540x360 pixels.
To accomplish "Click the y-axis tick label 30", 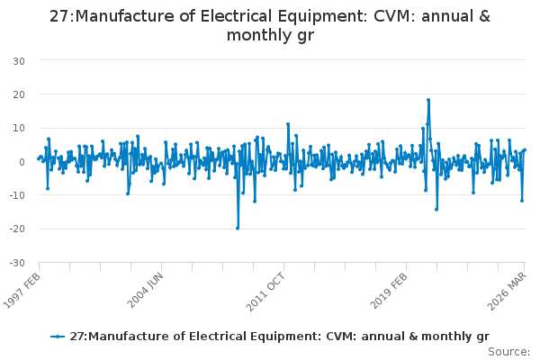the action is click(19, 61).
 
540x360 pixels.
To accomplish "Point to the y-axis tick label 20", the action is click(19, 94).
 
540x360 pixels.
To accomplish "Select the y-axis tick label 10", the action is click(19, 128).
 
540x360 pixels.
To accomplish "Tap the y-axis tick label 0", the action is click(22, 162).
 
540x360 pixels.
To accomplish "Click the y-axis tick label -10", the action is click(17, 195).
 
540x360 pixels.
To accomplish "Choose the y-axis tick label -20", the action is click(17, 229).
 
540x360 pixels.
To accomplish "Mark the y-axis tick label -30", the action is click(17, 263).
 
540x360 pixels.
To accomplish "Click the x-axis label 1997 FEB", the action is click(22, 291).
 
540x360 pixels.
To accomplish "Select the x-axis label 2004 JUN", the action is click(145, 290).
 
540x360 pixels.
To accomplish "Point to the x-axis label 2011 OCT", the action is click(265, 292).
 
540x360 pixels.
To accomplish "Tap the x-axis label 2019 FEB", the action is click(389, 291).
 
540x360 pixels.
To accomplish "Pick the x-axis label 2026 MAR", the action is click(507, 291).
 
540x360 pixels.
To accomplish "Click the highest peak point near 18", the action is click(428, 100).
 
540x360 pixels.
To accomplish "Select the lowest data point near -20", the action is click(238, 229).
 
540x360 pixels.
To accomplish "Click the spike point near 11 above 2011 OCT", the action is click(288, 124).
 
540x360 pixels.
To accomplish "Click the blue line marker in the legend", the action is click(58, 337).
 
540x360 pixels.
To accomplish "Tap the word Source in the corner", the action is click(508, 352).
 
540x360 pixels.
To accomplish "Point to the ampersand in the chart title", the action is click(484, 16).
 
